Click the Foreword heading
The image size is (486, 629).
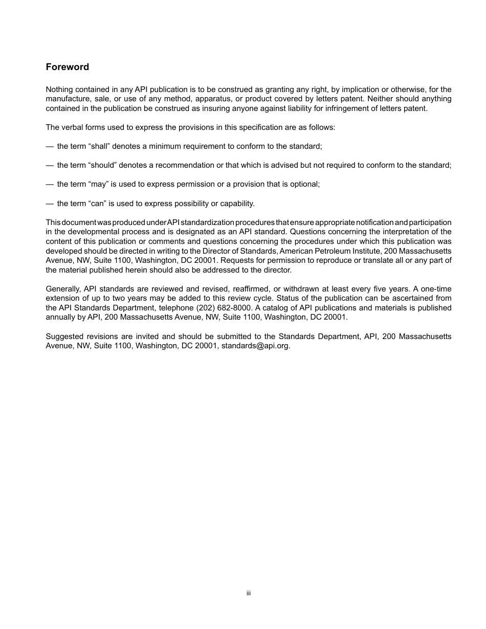click(67, 67)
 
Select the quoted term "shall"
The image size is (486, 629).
click(99, 146)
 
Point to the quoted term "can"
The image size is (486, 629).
click(97, 204)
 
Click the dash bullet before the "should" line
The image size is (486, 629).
click(50, 165)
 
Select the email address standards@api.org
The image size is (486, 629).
click(255, 346)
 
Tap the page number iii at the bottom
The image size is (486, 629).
click(248, 593)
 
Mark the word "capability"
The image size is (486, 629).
click(237, 204)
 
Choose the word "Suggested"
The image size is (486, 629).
click(63, 336)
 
